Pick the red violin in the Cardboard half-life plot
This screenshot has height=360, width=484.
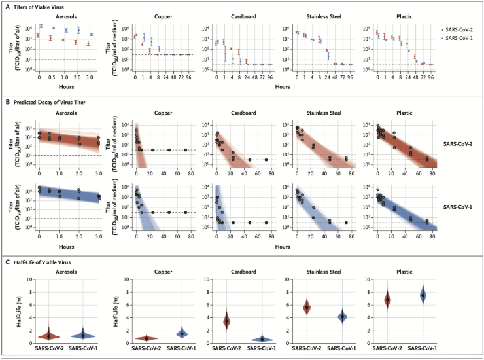point(227,321)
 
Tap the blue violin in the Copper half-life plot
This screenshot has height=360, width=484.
point(182,333)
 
